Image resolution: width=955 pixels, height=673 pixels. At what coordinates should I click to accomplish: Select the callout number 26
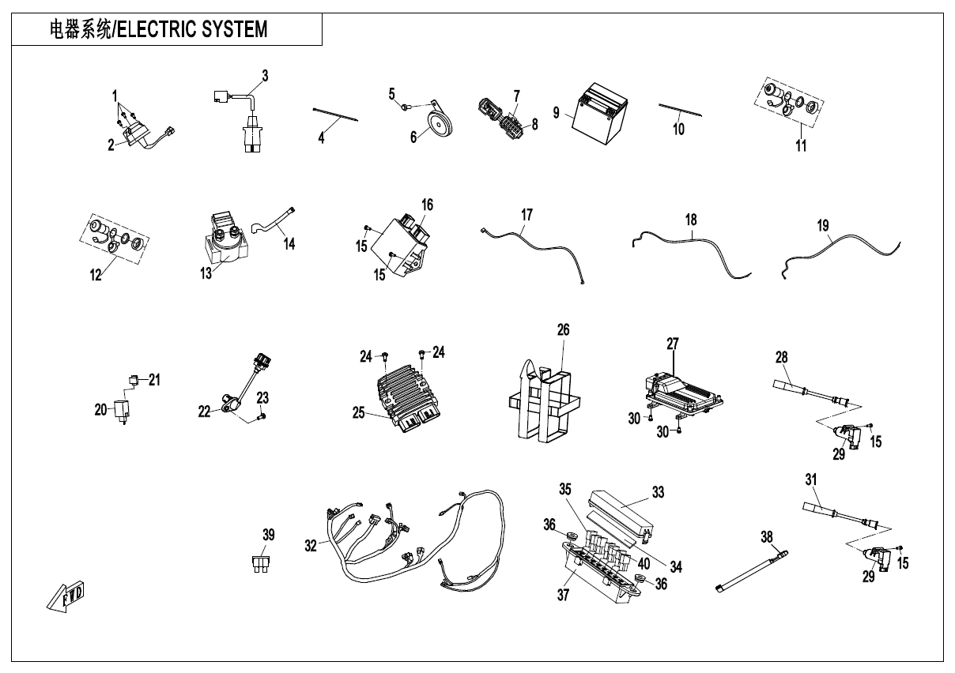click(x=563, y=329)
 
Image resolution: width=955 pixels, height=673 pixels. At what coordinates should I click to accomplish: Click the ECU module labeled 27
click(x=685, y=387)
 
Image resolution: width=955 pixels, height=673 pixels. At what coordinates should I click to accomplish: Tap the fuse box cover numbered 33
click(x=620, y=517)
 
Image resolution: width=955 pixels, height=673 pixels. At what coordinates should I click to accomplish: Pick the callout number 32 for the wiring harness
click(x=310, y=544)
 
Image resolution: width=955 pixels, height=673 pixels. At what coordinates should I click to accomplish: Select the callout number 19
click(x=823, y=225)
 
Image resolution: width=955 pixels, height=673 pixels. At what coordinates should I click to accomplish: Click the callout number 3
click(x=265, y=76)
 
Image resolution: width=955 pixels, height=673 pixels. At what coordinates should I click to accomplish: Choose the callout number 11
click(x=801, y=146)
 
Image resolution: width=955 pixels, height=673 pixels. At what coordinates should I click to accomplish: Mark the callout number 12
click(x=96, y=276)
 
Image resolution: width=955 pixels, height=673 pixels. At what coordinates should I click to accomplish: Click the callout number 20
click(x=100, y=409)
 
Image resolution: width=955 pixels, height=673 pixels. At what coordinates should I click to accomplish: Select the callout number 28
click(x=781, y=357)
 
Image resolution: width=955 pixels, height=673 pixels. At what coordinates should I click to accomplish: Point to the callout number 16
click(x=427, y=205)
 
